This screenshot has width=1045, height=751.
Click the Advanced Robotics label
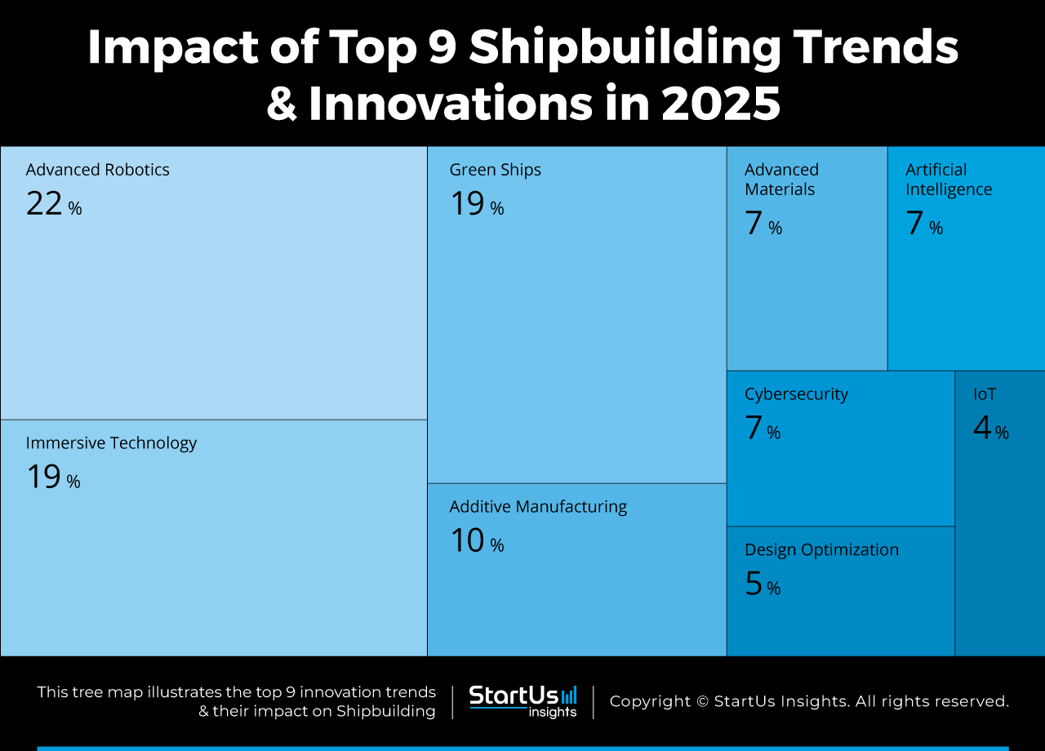coord(97,170)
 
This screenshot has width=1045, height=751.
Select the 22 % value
coord(53,204)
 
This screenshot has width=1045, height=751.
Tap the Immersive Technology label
coord(111,443)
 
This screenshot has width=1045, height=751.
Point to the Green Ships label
coord(495,170)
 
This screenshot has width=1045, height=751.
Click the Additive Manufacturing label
coord(538,507)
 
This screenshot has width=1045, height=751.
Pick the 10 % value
coord(476,541)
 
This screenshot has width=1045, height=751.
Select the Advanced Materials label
coord(780,180)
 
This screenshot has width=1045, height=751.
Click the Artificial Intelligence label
coord(948,180)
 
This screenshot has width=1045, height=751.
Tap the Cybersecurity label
coord(796,394)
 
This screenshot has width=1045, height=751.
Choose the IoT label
coord(985,394)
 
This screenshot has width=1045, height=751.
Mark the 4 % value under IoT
coord(990,429)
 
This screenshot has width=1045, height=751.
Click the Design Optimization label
coord(821,550)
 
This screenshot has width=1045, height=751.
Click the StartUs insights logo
coord(522,701)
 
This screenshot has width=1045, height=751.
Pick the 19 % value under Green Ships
coord(476,204)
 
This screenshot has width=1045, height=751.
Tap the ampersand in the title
coord(282,105)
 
